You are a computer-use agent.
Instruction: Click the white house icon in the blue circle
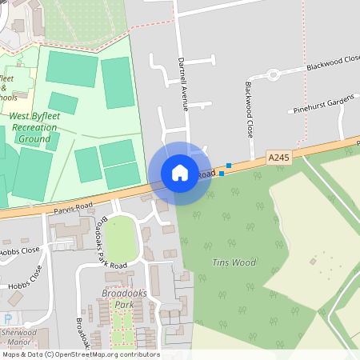(180, 173)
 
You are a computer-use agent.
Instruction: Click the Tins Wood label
(234, 262)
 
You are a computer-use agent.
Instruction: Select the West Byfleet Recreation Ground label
(34, 127)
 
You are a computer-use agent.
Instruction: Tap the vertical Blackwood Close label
(250, 108)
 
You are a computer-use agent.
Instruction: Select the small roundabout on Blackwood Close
(273, 75)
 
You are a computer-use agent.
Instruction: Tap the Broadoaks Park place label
(112, 299)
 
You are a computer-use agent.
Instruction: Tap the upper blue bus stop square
(229, 166)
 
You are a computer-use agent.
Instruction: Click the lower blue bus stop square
(221, 173)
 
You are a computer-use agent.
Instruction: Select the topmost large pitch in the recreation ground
(72, 69)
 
